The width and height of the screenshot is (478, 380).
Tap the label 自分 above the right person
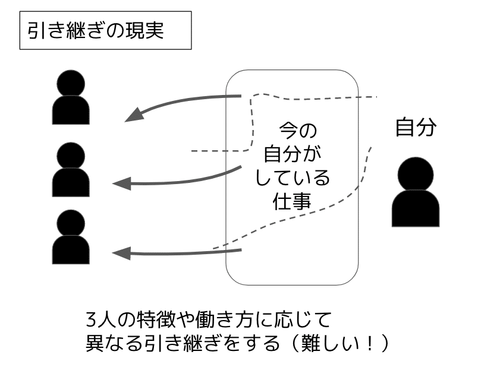[416, 128]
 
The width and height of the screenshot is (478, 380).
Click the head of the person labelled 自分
[416, 173]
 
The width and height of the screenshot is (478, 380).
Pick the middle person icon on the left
[71, 170]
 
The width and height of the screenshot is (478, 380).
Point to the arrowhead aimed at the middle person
[121, 183]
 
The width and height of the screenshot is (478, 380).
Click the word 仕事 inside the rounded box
[292, 200]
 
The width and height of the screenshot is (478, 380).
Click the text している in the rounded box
[292, 177]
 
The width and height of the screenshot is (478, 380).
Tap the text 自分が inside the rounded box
[292, 153]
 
